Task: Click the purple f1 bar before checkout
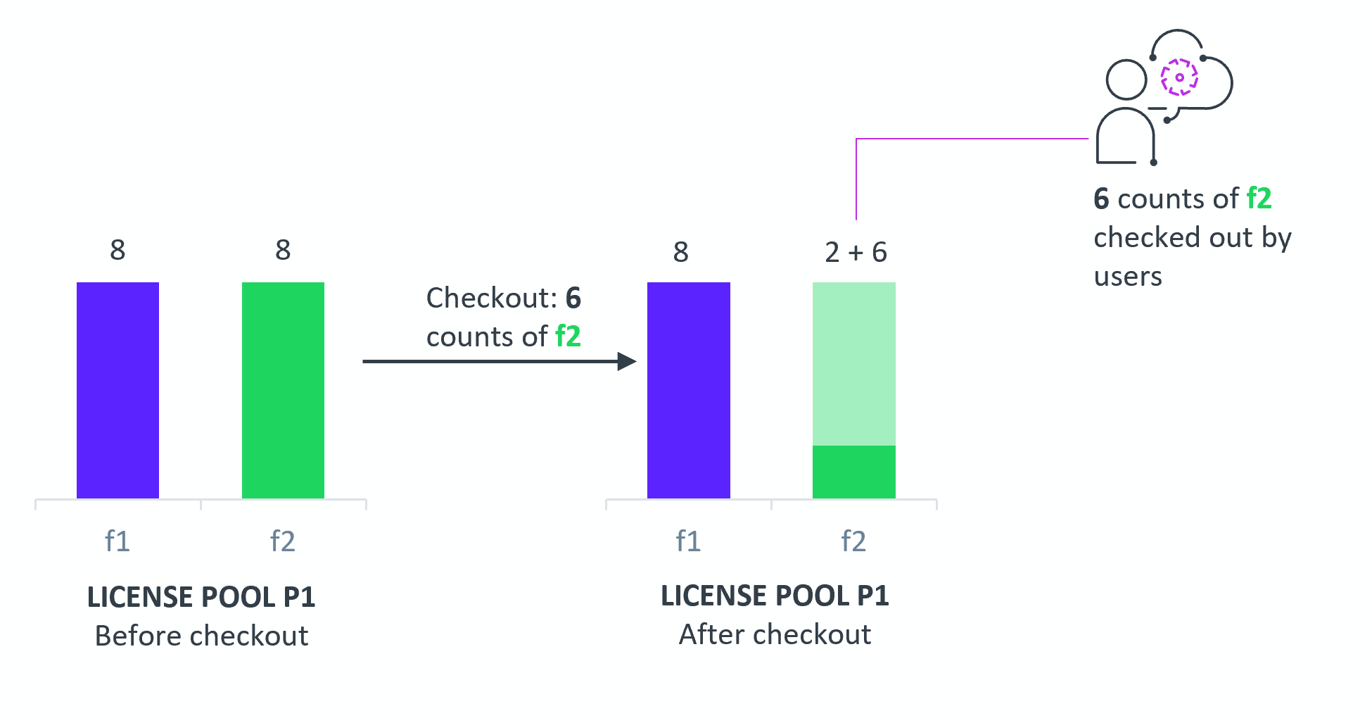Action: click(x=117, y=390)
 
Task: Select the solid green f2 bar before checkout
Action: click(x=283, y=390)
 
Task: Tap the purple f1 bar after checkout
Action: click(x=689, y=390)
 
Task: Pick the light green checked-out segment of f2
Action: click(x=854, y=364)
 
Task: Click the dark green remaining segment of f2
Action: click(x=854, y=472)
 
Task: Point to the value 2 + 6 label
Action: click(x=856, y=252)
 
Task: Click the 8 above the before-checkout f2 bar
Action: click(x=283, y=250)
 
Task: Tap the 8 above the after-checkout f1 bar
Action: click(x=680, y=252)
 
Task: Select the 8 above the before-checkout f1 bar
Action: click(x=117, y=250)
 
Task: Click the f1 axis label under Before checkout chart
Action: click(x=117, y=541)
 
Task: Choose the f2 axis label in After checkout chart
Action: click(x=853, y=541)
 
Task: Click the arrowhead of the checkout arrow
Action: click(x=627, y=361)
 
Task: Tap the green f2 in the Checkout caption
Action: click(x=568, y=337)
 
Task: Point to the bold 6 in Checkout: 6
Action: click(x=573, y=298)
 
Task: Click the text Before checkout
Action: click(x=201, y=636)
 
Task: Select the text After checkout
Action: click(x=775, y=634)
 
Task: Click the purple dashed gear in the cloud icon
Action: click(x=1180, y=77)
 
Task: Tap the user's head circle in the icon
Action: click(x=1126, y=80)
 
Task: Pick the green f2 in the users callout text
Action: click(x=1259, y=199)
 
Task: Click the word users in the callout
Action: click(x=1128, y=277)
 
